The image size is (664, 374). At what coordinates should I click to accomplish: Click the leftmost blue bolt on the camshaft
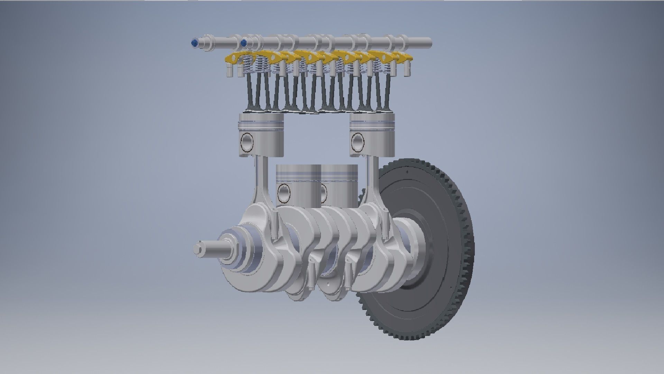tap(194, 43)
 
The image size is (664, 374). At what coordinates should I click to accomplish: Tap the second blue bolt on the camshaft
tap(244, 43)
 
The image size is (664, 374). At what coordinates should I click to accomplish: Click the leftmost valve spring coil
tap(247, 66)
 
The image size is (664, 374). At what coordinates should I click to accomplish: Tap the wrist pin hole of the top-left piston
tap(248, 142)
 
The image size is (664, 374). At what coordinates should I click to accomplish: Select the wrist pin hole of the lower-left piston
tap(284, 193)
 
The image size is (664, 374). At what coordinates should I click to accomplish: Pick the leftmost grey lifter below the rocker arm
tap(229, 72)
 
